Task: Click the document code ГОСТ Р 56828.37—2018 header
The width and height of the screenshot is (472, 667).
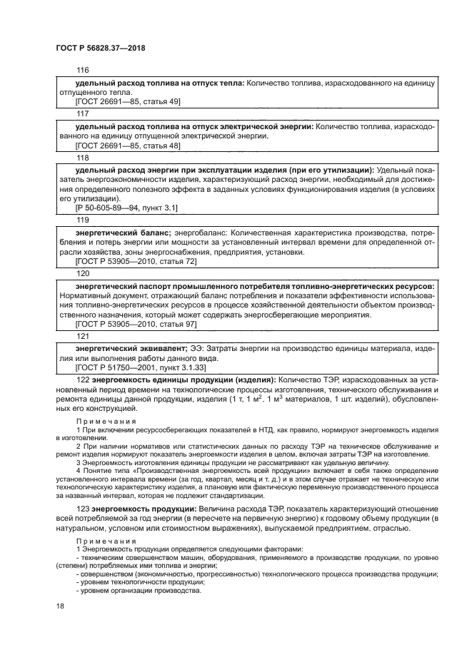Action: pos(98,48)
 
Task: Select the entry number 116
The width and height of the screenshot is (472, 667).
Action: pos(82,71)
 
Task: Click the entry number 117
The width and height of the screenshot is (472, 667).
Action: pos(82,113)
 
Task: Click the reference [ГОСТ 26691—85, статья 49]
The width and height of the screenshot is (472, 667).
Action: pos(128,103)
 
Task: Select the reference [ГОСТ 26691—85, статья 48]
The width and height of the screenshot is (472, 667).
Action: pos(128,146)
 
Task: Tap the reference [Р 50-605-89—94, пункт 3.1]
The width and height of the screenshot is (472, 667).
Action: pos(126,208)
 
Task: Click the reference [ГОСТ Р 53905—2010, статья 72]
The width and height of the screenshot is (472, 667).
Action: pos(136,262)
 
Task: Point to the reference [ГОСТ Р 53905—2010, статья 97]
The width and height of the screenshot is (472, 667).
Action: pos(136,325)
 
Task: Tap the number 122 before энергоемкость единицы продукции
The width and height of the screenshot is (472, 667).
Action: pos(82,380)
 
